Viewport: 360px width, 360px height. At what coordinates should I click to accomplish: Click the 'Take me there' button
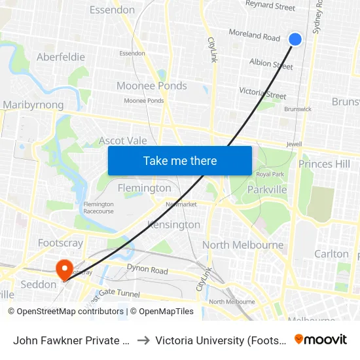(x=180, y=160)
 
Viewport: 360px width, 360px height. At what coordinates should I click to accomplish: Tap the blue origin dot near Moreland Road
(x=295, y=39)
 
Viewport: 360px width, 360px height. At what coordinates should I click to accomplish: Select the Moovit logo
(x=321, y=340)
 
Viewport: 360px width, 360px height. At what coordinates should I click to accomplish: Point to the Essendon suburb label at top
(x=112, y=10)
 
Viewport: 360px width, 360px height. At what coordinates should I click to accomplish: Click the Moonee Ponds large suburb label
(x=151, y=86)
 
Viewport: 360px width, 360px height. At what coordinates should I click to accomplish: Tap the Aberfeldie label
(x=61, y=57)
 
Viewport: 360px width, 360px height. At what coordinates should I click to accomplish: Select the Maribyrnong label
(x=33, y=105)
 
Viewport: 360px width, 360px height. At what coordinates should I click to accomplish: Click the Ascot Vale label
(x=122, y=141)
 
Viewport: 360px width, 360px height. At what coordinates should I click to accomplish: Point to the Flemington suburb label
(x=144, y=188)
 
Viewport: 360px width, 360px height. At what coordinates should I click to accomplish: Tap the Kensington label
(x=173, y=225)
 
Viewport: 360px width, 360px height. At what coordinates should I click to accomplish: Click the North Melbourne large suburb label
(x=243, y=245)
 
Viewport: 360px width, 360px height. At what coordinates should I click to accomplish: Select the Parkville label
(x=267, y=190)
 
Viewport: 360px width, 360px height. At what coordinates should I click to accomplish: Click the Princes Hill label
(x=324, y=164)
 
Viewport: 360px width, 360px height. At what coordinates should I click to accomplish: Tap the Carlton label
(x=331, y=254)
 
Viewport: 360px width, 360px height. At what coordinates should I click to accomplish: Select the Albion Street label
(x=271, y=64)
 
